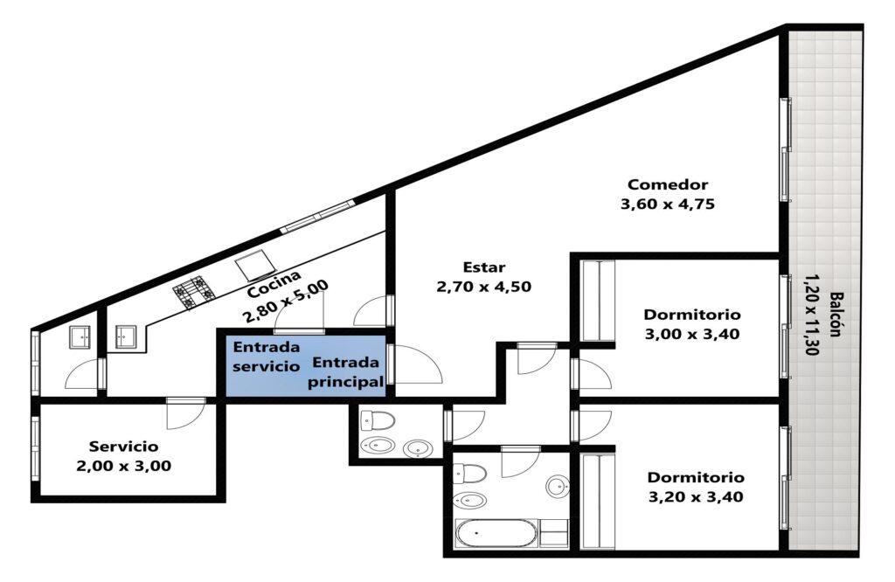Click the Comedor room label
tap(667, 184)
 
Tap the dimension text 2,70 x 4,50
tap(483, 286)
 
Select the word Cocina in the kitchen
tap(274, 284)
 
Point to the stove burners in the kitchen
tap(194, 293)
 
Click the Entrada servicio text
tap(266, 357)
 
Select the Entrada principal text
tap(345, 372)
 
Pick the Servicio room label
tap(123, 447)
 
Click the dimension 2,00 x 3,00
tap(123, 466)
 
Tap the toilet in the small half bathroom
tap(378, 421)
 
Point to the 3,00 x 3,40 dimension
tap(692, 334)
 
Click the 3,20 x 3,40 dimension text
tap(696, 496)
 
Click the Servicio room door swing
tap(186, 413)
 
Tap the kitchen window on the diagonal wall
tap(317, 216)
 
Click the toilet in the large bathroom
tap(469, 473)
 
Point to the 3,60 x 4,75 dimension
tap(667, 204)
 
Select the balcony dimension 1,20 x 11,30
tap(812, 315)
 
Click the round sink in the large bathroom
tap(557, 486)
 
